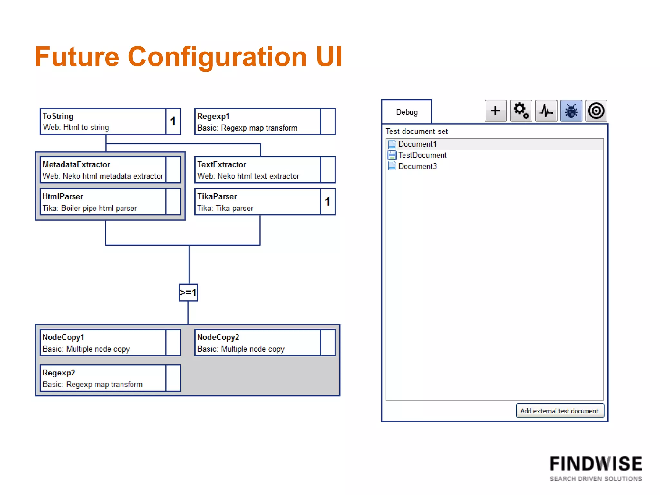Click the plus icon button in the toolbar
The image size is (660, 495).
click(x=495, y=111)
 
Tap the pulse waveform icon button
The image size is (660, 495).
click(x=546, y=111)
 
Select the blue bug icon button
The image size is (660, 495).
click(x=571, y=111)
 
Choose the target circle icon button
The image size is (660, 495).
click(x=596, y=111)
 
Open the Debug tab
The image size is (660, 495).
click(x=407, y=112)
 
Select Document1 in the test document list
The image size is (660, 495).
click(x=417, y=144)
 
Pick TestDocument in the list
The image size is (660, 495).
click(x=422, y=155)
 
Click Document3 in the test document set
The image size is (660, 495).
click(x=417, y=166)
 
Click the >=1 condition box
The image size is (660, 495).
click(x=188, y=292)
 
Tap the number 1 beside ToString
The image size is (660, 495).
click(x=173, y=121)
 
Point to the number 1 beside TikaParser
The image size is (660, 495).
click(x=328, y=201)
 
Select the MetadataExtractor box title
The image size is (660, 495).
click(x=76, y=164)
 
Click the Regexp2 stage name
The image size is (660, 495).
click(x=59, y=373)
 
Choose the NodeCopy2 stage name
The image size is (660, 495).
click(x=218, y=337)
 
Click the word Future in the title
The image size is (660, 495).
click(x=77, y=57)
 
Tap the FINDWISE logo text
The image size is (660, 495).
click(x=596, y=464)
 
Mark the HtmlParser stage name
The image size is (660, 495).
click(x=63, y=196)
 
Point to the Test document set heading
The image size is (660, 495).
click(x=416, y=131)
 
